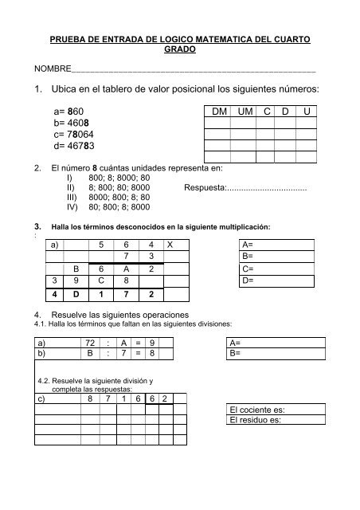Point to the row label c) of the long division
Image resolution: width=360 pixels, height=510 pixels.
click(x=42, y=398)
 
